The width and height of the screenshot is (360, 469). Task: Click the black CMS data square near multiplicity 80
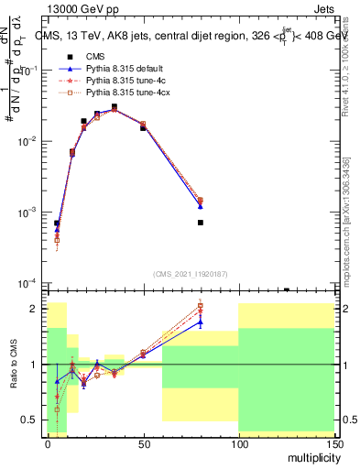point(200,223)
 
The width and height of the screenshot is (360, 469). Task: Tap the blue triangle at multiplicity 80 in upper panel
point(200,207)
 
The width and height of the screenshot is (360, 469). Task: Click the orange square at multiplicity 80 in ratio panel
point(200,306)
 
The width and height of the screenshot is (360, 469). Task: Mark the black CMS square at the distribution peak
point(115,107)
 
